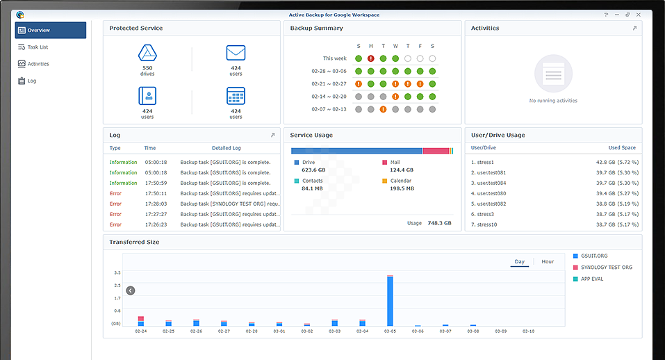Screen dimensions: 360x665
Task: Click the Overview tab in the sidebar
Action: coord(51,31)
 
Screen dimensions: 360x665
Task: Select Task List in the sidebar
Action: coord(38,47)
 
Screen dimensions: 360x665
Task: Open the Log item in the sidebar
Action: coord(31,81)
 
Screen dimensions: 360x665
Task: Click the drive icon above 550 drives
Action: coord(147,54)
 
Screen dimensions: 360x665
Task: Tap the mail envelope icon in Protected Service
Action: coord(236,54)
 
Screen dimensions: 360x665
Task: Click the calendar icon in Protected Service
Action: coord(236,96)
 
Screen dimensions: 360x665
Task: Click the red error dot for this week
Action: coord(371,58)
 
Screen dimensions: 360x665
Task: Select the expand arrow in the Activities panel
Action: coord(634,28)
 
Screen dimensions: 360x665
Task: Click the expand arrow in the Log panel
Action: coord(272,135)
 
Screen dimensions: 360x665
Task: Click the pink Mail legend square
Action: coord(384,162)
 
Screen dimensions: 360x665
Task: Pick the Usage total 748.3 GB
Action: coord(439,223)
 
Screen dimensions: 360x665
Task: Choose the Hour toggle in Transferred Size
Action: coord(548,262)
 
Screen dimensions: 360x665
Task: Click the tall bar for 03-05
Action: coord(390,301)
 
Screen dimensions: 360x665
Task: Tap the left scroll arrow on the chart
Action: coord(130,291)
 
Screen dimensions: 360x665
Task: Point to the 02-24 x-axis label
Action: coord(140,332)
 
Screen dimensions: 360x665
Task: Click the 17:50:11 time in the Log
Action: coord(155,193)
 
